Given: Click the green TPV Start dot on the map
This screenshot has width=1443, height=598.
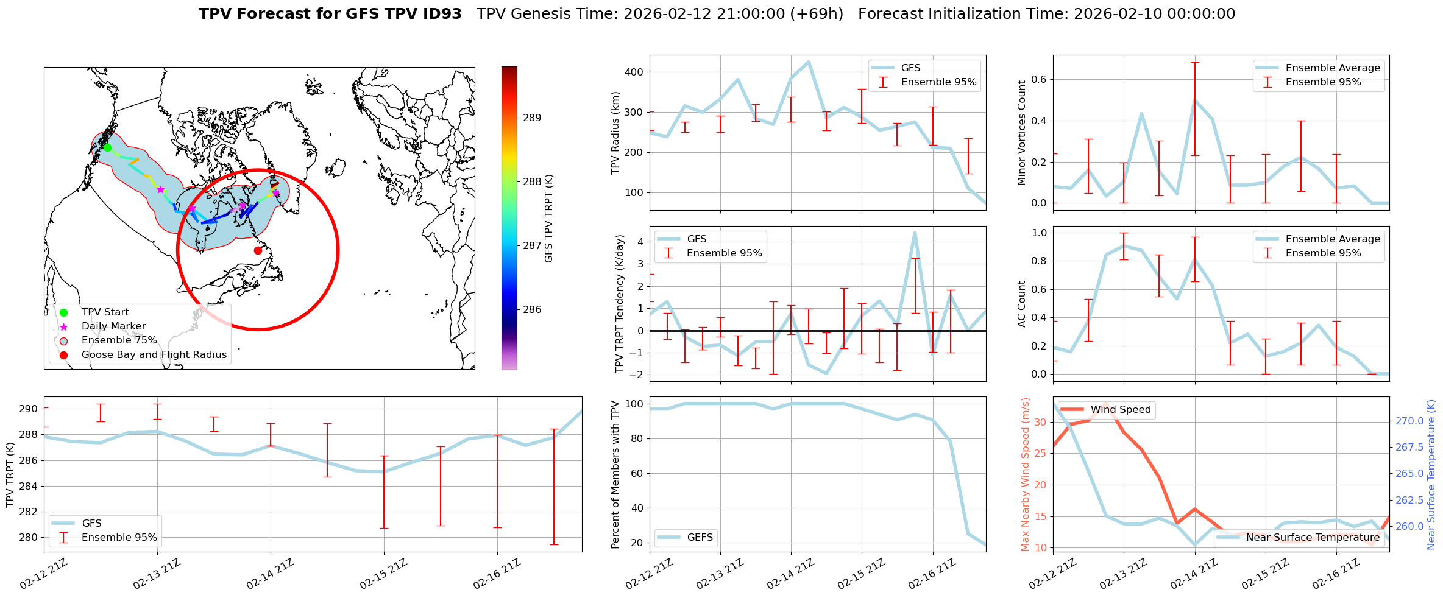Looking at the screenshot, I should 107,147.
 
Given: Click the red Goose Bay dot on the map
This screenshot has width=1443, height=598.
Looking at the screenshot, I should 258,250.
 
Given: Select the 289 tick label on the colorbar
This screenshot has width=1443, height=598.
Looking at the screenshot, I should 532,118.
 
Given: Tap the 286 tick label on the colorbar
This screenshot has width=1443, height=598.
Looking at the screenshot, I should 532,310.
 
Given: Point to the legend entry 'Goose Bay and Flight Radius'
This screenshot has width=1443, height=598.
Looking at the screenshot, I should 154,355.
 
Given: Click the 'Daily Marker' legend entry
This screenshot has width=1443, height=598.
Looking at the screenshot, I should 113,326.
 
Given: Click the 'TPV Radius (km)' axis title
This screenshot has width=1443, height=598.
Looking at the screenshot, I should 615,133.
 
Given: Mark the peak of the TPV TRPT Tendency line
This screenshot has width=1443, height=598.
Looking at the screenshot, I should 915,232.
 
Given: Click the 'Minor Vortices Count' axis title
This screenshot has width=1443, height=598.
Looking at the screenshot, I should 1022,133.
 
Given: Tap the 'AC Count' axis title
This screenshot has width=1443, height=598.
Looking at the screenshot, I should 1022,304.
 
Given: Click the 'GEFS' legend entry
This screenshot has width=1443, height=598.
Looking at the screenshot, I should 700,537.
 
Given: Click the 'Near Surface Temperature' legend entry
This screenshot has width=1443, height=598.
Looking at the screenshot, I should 1312,537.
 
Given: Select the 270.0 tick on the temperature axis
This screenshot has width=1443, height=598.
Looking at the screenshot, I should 1409,421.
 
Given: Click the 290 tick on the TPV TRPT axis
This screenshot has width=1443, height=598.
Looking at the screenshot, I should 28,409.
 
